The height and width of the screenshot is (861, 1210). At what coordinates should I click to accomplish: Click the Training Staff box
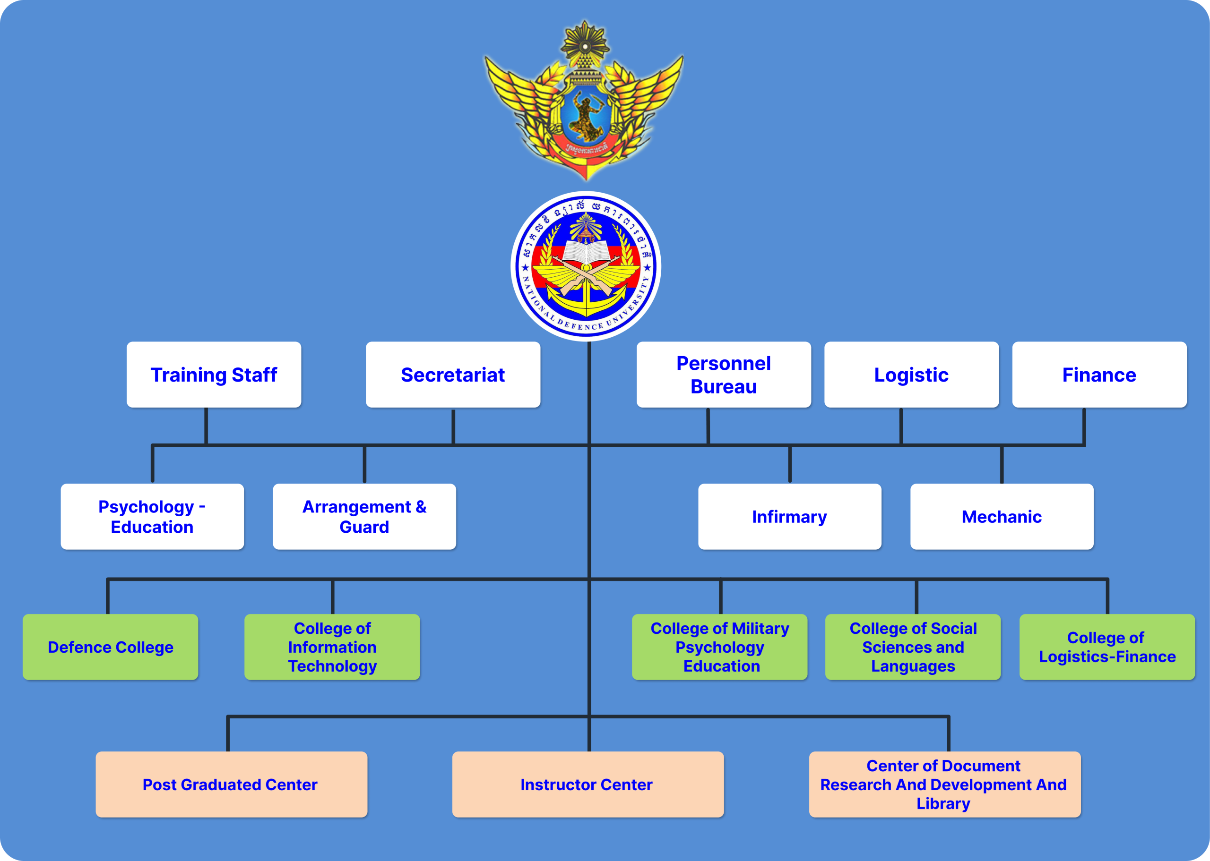click(214, 375)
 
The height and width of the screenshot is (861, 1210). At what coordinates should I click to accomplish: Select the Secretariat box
click(453, 375)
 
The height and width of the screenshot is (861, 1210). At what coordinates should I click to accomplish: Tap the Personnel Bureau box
click(724, 375)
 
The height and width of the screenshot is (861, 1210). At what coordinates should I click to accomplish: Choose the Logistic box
click(911, 375)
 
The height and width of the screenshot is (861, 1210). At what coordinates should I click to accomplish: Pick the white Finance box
click(1099, 375)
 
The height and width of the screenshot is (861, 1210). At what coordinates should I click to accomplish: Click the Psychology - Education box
click(152, 516)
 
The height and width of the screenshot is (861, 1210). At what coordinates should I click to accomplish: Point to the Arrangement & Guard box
click(364, 516)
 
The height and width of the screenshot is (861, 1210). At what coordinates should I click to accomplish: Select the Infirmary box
click(789, 516)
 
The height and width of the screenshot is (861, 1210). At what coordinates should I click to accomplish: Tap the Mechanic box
click(1002, 516)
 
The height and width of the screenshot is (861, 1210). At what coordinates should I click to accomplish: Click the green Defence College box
click(110, 647)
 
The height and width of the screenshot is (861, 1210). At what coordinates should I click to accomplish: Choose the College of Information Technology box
click(332, 647)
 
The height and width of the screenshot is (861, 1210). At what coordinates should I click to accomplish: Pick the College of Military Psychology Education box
click(720, 647)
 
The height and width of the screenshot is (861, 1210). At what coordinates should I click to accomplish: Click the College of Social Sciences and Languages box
click(913, 647)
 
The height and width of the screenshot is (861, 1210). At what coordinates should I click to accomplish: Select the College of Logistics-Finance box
click(1107, 647)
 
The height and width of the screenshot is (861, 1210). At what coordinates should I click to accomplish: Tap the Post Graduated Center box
click(231, 784)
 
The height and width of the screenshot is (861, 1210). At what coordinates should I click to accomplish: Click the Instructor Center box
click(588, 784)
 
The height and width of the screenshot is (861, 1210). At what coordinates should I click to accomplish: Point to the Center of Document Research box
click(944, 784)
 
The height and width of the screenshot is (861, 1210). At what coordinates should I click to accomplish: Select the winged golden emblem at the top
click(584, 101)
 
